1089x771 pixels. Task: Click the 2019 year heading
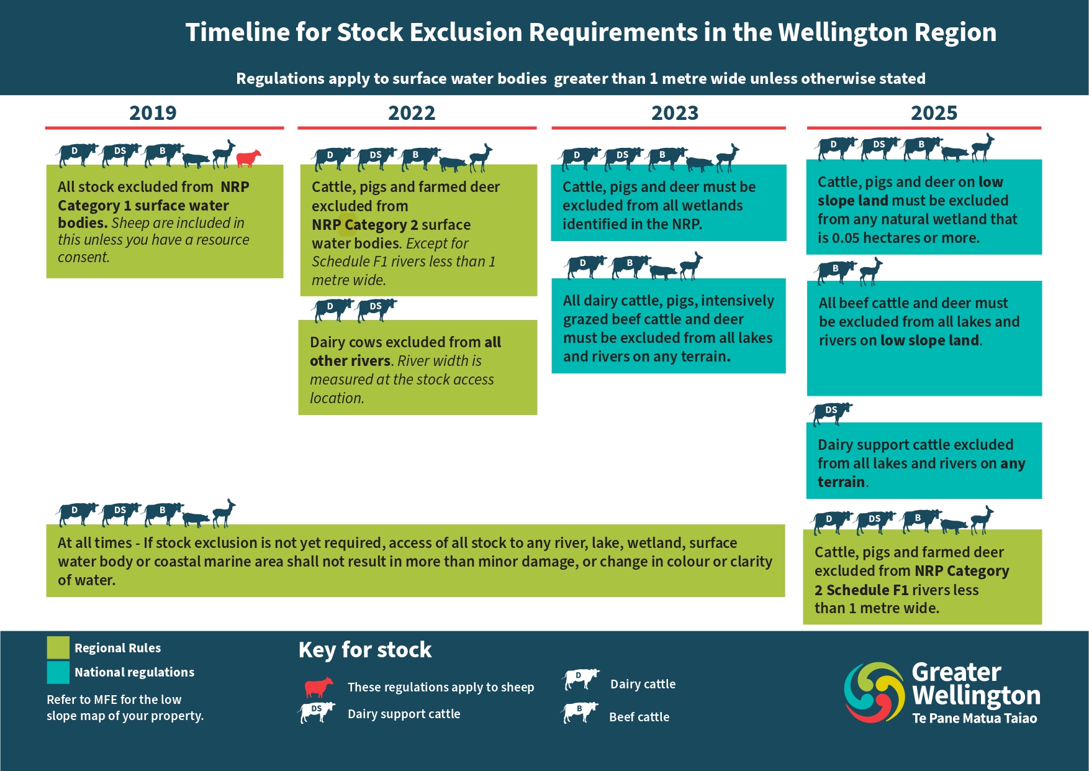point(153,113)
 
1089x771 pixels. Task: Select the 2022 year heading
point(412,113)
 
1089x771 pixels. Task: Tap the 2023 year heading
point(675,113)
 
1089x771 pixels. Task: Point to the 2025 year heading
point(934,113)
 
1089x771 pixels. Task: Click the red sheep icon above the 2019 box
point(248,158)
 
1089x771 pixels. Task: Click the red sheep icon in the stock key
point(319,687)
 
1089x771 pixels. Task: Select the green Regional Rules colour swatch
point(58,647)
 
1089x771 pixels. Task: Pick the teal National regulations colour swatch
point(58,672)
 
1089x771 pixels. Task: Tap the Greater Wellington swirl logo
point(874,692)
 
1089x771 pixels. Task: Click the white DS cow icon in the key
point(317,712)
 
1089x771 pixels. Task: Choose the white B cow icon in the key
point(581,712)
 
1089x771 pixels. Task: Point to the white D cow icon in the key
point(581,679)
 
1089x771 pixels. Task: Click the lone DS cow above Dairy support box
point(831,413)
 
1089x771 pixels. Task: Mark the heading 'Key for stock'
point(365,650)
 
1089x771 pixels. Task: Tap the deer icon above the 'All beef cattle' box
point(871,271)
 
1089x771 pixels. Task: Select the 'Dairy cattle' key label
point(643,684)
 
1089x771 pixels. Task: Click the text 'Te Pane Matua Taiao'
point(975,718)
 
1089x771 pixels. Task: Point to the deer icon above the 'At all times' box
point(224,513)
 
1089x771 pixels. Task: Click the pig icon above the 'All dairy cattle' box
point(663,271)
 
